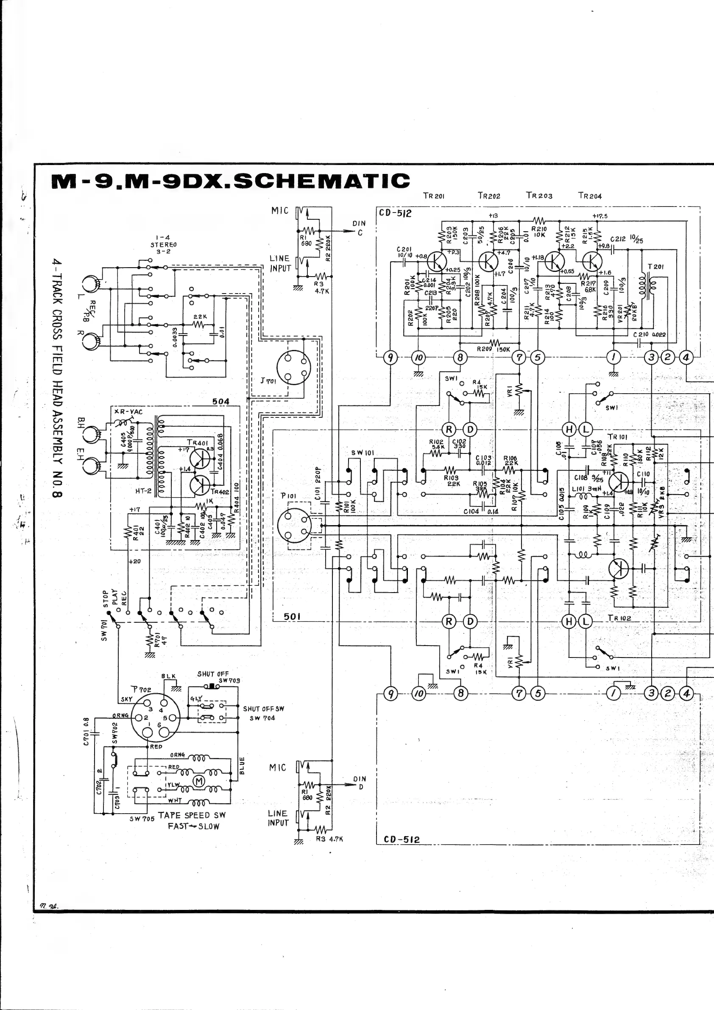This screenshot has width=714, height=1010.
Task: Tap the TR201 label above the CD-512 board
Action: (x=433, y=196)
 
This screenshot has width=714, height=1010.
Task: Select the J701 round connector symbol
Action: (x=293, y=367)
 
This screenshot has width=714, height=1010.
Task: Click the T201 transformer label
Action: (x=655, y=266)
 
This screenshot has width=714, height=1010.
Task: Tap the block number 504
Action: (x=221, y=401)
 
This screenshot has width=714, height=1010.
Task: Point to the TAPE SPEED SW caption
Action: (x=192, y=815)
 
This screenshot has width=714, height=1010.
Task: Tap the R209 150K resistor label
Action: (x=493, y=349)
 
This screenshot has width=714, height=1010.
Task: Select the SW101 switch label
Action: (x=362, y=453)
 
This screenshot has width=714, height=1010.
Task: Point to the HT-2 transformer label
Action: (x=131, y=491)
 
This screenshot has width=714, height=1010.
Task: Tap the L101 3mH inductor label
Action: (x=583, y=489)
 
